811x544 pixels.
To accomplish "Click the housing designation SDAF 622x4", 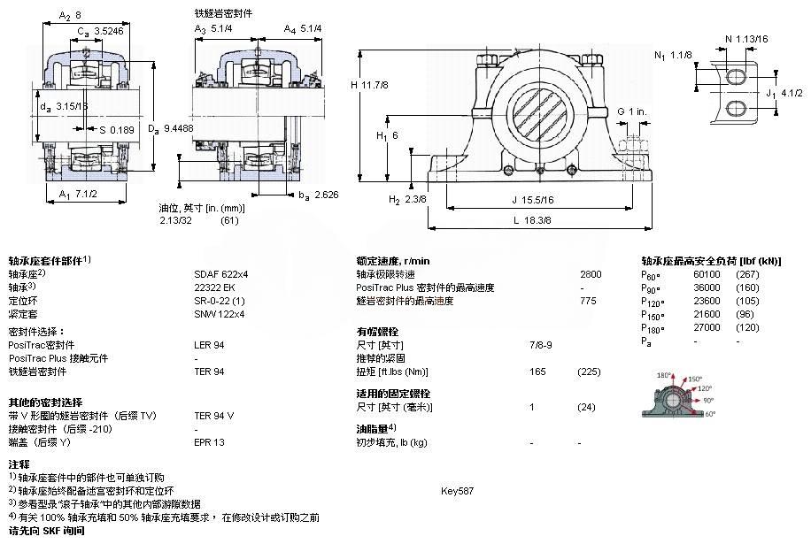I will pyautogui.click(x=220, y=274).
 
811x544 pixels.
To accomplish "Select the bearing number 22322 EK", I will pyautogui.click(x=214, y=287).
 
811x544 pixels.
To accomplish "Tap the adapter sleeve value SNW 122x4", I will pyautogui.click(x=219, y=314).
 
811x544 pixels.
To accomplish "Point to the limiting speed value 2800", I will pyautogui.click(x=591, y=274).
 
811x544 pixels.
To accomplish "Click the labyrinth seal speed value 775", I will pyautogui.click(x=588, y=301).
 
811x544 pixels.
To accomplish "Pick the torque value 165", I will pyautogui.click(x=537, y=372).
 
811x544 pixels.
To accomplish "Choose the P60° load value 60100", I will pyautogui.click(x=706, y=274).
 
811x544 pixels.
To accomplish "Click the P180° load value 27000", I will pyautogui.click(x=706, y=327).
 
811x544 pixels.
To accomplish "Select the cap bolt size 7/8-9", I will pyautogui.click(x=540, y=344).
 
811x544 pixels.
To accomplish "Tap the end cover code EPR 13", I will pyautogui.click(x=209, y=441).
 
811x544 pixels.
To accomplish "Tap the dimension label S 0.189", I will pyautogui.click(x=93, y=131).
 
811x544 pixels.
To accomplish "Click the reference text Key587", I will pyautogui.click(x=458, y=490).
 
